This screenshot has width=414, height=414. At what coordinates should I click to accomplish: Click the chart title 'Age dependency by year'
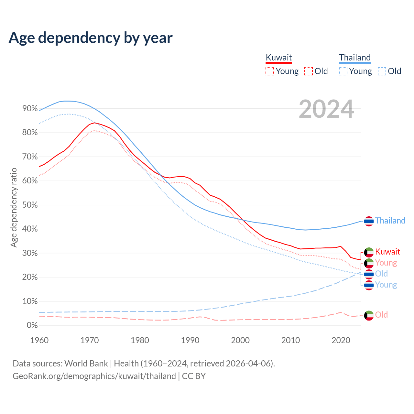[x=91, y=38]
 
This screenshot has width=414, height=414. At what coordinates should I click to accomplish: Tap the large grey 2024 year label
[x=326, y=109]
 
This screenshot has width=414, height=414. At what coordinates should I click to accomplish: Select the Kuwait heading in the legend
[x=279, y=58]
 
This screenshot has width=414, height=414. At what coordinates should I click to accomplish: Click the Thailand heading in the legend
[x=355, y=58]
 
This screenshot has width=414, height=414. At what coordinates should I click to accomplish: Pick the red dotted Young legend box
[x=270, y=71]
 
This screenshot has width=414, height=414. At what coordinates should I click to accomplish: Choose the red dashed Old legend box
[x=309, y=71]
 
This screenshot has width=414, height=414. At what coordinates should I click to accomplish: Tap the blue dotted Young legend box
[x=343, y=71]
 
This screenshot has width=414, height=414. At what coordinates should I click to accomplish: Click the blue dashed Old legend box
[x=382, y=71]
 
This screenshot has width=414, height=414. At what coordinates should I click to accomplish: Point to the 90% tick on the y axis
[x=30, y=109]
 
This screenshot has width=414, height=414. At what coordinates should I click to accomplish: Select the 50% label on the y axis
[x=30, y=205]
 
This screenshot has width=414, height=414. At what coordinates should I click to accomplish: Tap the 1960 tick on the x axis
[x=39, y=340]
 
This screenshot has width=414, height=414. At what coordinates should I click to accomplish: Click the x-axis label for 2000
[x=240, y=340]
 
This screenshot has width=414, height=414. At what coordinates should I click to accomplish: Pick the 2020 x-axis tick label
[x=341, y=340]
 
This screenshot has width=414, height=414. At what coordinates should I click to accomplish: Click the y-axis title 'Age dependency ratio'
[x=14, y=207]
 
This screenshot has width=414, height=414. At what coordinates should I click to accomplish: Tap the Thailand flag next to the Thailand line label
[x=369, y=221]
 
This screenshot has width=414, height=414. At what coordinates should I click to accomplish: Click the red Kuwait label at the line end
[x=387, y=252]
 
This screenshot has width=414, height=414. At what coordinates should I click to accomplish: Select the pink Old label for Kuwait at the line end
[x=381, y=315]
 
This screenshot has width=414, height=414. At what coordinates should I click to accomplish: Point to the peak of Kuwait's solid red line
[x=94, y=123]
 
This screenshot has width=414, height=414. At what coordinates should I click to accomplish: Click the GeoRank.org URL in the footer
[x=94, y=376]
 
